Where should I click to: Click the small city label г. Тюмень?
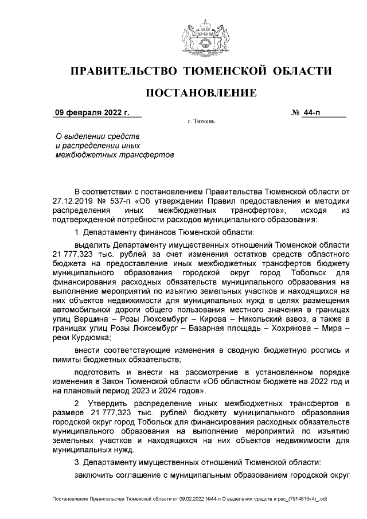[201, 122]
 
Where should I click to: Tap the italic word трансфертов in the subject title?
[148, 155]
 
